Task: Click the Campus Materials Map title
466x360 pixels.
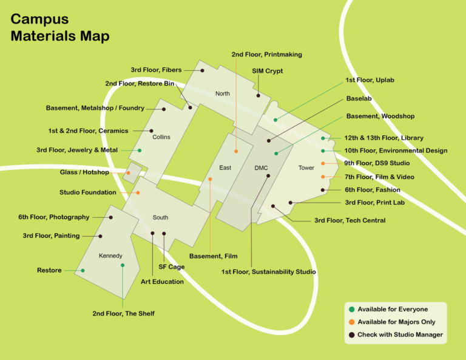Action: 60,28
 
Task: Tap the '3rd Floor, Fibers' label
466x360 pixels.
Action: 156,70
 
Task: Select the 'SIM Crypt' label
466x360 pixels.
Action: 268,71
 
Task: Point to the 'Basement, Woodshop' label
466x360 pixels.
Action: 380,116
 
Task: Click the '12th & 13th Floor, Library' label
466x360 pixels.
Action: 383,138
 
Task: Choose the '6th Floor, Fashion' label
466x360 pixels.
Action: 372,190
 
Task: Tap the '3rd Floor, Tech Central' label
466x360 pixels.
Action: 349,220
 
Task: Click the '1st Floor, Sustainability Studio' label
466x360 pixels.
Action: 268,271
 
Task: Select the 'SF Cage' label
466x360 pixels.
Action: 172,267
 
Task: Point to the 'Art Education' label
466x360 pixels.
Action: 162,282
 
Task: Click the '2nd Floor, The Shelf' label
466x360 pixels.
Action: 123,313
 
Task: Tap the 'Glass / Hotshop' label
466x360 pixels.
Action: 84,172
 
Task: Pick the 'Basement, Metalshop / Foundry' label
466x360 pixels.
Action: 95,108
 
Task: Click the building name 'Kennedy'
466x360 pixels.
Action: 110,256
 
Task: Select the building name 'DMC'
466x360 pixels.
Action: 261,168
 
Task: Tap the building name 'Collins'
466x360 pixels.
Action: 161,137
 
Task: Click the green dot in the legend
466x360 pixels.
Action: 351,310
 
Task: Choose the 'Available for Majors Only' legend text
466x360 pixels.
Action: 396,322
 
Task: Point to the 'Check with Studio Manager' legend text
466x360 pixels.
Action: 400,335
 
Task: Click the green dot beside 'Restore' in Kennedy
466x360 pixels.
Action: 83,271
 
